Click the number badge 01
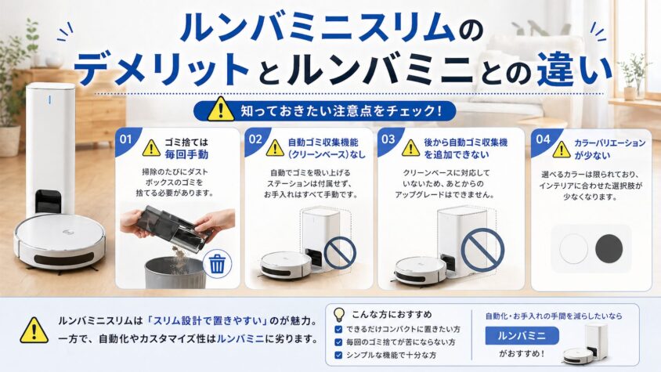tap(125, 139)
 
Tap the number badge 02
tap(255, 139)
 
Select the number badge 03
tap(388, 139)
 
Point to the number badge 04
tap(543, 139)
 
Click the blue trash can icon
tap(217, 264)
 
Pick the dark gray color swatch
tap(609, 248)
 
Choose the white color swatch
tap(573, 249)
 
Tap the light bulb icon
tap(338, 315)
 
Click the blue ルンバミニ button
tap(522, 336)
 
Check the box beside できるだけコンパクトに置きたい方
tap(338, 330)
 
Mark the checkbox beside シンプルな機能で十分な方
tap(338, 355)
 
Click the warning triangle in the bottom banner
tap(34, 330)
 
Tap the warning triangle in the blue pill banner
tap(221, 109)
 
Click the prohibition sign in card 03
tap(482, 249)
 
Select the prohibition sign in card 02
tap(340, 252)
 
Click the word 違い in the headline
tap(574, 69)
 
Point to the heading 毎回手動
tap(186, 154)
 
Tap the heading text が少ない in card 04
tap(592, 155)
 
